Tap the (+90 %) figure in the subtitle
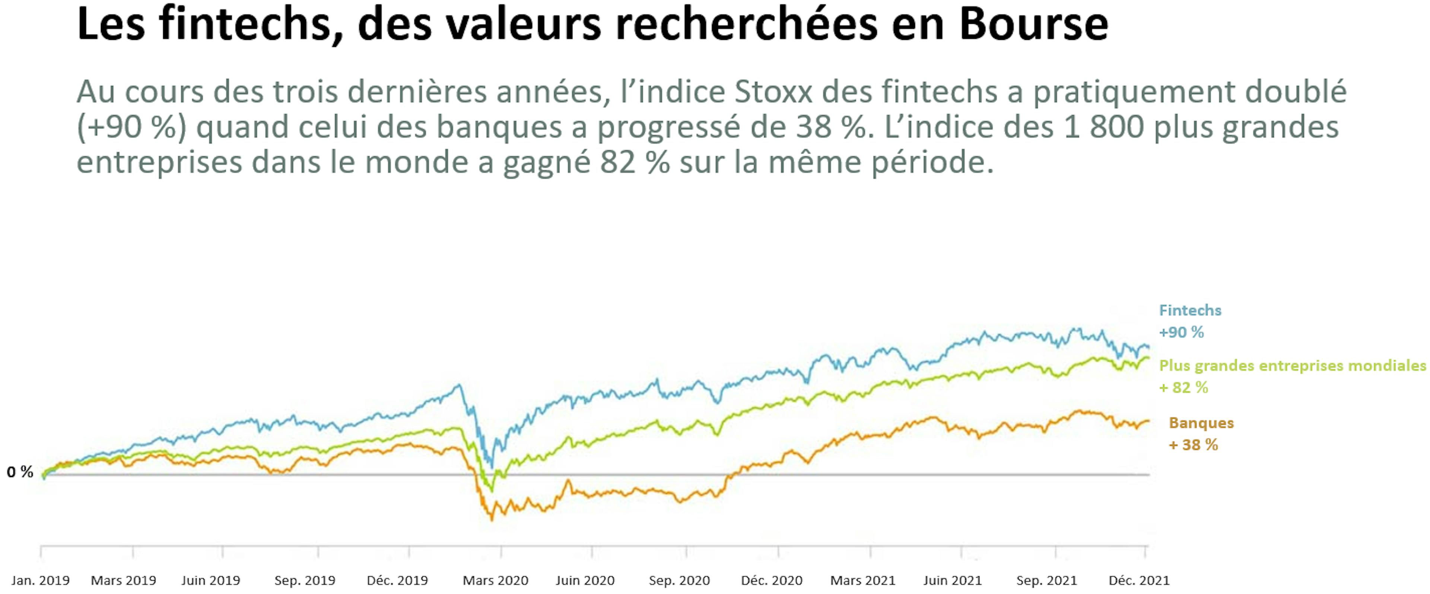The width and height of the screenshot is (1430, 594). (x=131, y=127)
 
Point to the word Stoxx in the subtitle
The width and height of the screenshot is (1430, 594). (x=773, y=92)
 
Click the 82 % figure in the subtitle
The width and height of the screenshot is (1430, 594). (x=634, y=162)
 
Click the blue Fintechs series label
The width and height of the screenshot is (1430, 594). (x=1190, y=310)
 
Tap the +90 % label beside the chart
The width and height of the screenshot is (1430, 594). (x=1181, y=333)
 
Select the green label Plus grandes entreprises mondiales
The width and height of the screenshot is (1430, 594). (x=1292, y=366)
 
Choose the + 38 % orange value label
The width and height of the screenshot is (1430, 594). (x=1194, y=445)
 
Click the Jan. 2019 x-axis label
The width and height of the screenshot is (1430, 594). (x=41, y=581)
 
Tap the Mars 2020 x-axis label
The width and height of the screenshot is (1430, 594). (x=495, y=581)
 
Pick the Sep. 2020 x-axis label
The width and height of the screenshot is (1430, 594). (x=679, y=581)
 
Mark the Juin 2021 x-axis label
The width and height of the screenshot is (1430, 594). (x=952, y=581)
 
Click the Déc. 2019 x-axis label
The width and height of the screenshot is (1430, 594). (x=397, y=581)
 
